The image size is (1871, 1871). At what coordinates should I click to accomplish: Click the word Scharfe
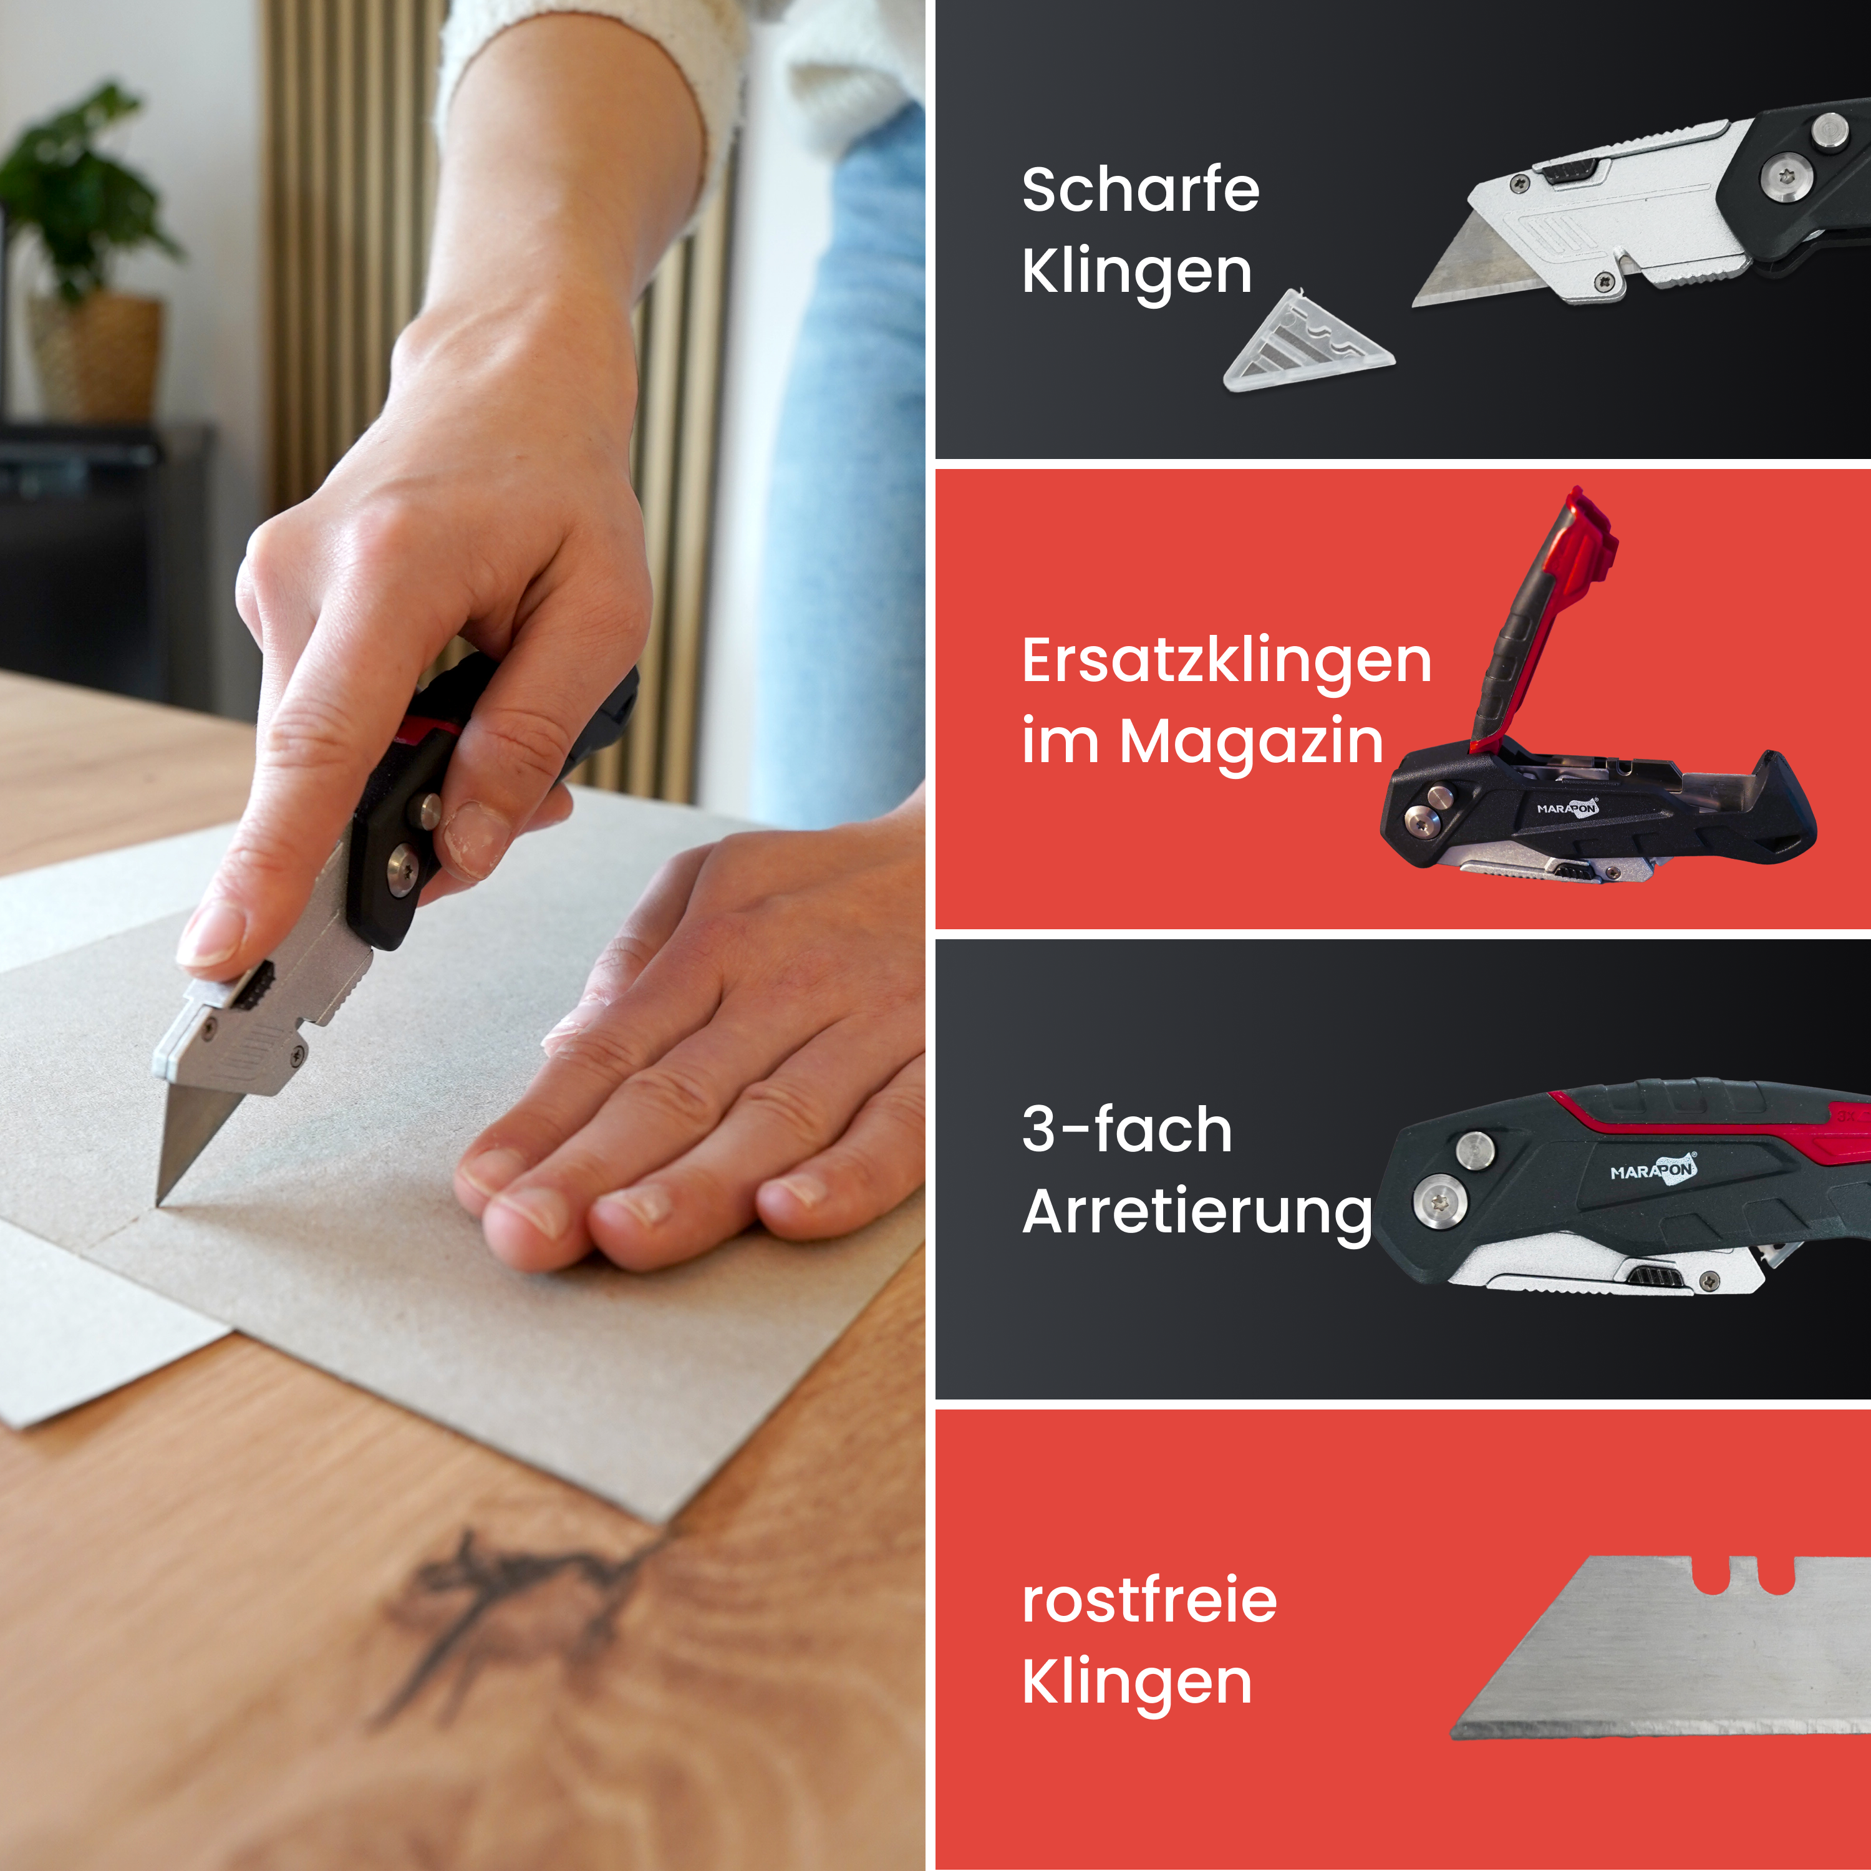pyautogui.click(x=1140, y=189)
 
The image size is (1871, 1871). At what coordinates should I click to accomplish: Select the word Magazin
pyautogui.click(x=1251, y=743)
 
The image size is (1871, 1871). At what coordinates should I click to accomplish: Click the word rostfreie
pyautogui.click(x=1149, y=1601)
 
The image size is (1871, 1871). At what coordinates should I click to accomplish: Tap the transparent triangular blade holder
pyautogui.click(x=1307, y=342)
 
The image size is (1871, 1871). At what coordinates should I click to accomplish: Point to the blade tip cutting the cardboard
pyautogui.click(x=160, y=1201)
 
